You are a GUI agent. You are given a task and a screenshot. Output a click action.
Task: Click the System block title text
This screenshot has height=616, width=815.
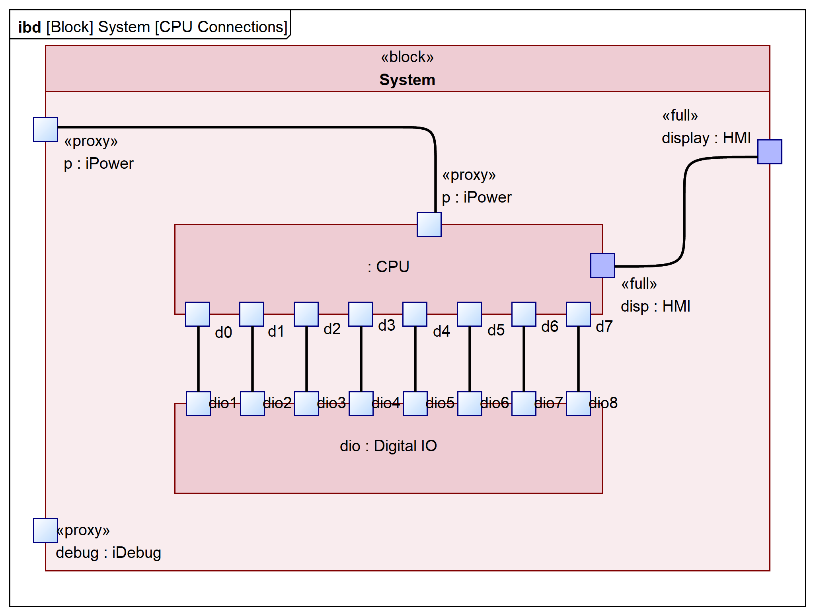pyautogui.click(x=407, y=80)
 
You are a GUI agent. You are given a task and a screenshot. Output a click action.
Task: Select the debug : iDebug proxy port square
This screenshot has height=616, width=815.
pyautogui.click(x=45, y=530)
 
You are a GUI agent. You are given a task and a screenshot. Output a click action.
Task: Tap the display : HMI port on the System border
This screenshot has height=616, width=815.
pyautogui.click(x=770, y=152)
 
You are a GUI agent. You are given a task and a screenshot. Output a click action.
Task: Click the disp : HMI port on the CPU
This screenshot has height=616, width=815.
pyautogui.click(x=602, y=265)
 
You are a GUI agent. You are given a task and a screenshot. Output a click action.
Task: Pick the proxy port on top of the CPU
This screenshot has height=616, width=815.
pyautogui.click(x=429, y=224)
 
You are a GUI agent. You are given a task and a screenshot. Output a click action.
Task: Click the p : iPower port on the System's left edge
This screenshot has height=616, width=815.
pyautogui.click(x=45, y=129)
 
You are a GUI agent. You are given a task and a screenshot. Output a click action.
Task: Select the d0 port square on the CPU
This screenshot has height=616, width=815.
pyautogui.click(x=197, y=314)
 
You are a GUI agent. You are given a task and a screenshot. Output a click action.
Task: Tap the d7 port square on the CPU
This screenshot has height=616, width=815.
pyautogui.click(x=578, y=314)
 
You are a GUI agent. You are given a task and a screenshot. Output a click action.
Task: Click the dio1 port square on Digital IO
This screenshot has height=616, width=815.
pyautogui.click(x=198, y=404)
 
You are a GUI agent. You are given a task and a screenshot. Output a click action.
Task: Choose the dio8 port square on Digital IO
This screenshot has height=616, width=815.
pyautogui.click(x=578, y=404)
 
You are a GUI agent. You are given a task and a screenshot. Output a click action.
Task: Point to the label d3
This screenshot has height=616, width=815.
pyautogui.click(x=386, y=326)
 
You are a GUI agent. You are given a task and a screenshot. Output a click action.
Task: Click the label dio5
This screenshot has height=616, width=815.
pyautogui.click(x=440, y=403)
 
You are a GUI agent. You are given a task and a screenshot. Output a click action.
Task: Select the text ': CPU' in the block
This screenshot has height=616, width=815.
pyautogui.click(x=388, y=267)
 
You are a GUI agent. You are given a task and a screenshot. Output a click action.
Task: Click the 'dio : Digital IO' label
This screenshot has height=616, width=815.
pyautogui.click(x=388, y=446)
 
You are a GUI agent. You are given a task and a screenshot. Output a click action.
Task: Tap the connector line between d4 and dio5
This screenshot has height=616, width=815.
pyautogui.click(x=415, y=358)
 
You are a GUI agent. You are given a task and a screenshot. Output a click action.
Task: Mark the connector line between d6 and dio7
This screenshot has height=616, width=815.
pyautogui.click(x=524, y=358)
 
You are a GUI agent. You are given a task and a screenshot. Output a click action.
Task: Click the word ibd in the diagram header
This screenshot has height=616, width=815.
pyautogui.click(x=29, y=27)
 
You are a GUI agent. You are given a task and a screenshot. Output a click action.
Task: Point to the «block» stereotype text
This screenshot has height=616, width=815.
pyautogui.click(x=407, y=57)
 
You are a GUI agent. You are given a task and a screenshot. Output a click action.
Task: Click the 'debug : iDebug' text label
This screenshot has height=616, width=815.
pyautogui.click(x=108, y=553)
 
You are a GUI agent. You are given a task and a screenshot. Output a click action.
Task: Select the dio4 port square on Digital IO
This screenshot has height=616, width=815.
pyautogui.click(x=361, y=404)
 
